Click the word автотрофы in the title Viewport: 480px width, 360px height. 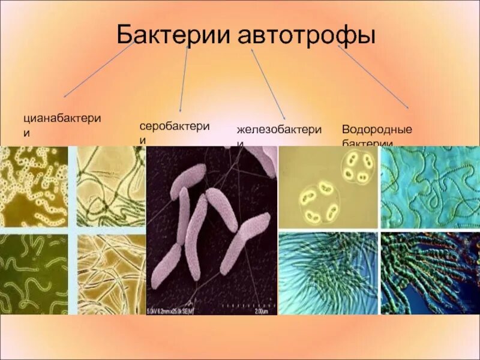point(307,35)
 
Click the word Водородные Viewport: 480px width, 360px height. point(377,129)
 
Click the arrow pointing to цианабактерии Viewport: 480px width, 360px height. point(99,69)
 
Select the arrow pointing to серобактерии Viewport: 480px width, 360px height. point(184,78)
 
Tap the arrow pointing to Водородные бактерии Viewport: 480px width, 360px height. point(372,76)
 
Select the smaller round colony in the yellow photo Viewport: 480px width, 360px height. point(358,167)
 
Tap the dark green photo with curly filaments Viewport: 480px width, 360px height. point(34,274)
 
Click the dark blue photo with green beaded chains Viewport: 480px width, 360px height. point(430,273)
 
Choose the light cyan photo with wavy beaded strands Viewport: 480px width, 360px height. point(430,187)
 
